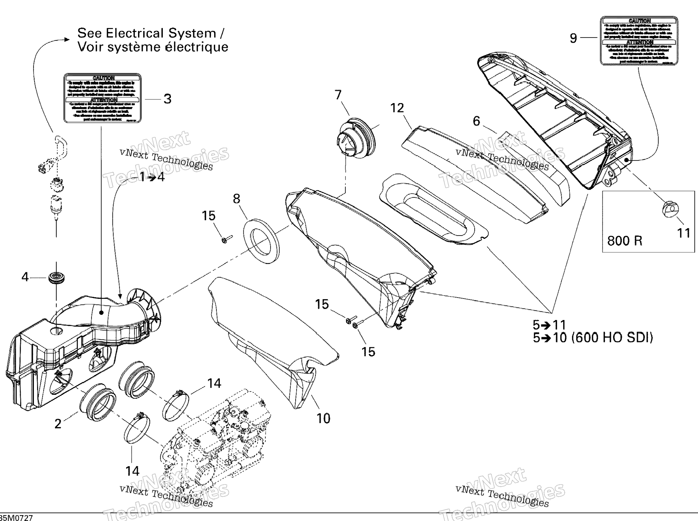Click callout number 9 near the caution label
573,38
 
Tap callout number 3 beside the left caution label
167,99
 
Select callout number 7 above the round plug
338,95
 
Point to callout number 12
397,108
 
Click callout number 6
476,121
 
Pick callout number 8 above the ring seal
237,199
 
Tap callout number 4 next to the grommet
25,277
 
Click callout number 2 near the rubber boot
58,424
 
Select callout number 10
323,418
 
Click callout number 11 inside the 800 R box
683,233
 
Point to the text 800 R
625,241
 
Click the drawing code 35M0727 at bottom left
17,518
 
